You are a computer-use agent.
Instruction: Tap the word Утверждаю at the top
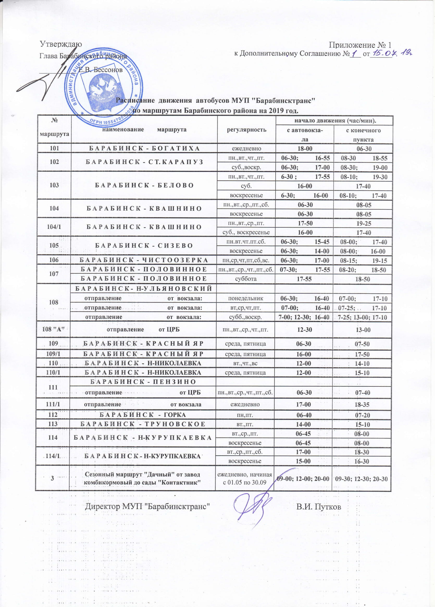(x=61, y=44)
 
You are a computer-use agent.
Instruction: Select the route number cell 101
(x=54, y=148)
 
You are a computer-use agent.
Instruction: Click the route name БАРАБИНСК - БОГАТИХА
(x=144, y=148)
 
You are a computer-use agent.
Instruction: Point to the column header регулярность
(x=247, y=130)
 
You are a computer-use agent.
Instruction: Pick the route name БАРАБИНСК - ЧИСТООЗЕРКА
(x=144, y=260)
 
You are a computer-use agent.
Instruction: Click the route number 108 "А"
(x=54, y=329)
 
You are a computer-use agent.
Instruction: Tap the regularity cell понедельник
(x=245, y=298)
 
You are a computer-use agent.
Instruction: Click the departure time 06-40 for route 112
(x=303, y=415)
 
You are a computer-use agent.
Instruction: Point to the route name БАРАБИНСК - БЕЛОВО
(x=144, y=185)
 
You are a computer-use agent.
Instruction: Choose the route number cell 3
(x=52, y=479)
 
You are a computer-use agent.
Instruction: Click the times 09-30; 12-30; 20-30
(x=361, y=479)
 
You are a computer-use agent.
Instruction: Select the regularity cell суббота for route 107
(x=245, y=279)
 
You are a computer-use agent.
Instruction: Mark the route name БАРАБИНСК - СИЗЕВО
(x=144, y=246)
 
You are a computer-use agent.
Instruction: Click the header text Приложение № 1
(x=360, y=45)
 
